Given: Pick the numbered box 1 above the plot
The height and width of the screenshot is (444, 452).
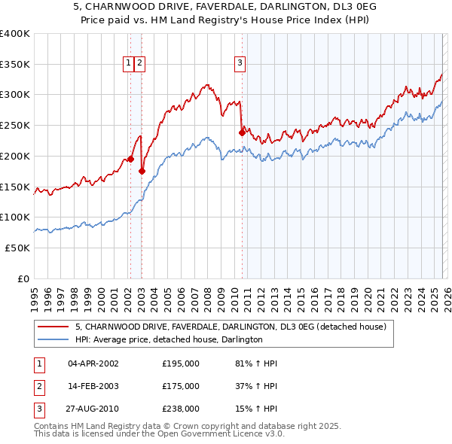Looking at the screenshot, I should tap(129, 64).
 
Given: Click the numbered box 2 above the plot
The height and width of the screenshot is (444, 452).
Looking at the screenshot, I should tap(140, 64).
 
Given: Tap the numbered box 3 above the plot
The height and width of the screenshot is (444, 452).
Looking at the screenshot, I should tap(240, 64).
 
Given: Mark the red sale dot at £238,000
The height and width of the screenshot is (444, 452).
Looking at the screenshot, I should tap(242, 133).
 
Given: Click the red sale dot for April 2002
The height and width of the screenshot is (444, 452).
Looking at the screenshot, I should tap(130, 159).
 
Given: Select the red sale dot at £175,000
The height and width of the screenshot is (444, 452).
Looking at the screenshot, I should tap(142, 172).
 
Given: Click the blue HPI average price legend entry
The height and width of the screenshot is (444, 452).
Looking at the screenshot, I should tap(168, 340).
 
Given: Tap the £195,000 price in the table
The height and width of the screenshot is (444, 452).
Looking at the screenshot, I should tap(181, 363).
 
